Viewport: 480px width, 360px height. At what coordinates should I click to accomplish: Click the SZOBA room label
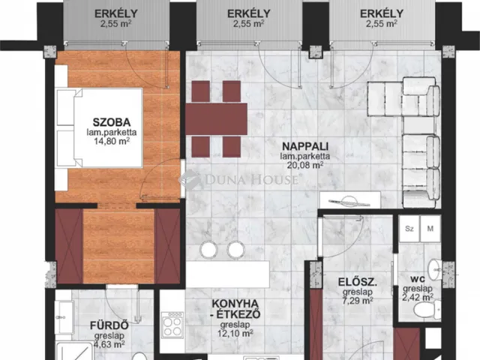112,122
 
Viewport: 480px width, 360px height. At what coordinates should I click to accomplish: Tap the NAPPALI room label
305,146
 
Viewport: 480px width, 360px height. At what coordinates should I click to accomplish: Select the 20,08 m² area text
305,165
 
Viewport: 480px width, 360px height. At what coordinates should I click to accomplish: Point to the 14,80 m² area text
112,141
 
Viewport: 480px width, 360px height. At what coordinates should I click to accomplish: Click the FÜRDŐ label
109,325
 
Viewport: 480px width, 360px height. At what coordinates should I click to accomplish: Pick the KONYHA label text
235,304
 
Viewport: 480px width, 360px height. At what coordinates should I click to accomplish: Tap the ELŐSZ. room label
358,282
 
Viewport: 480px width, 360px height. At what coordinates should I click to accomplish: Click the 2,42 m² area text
418,297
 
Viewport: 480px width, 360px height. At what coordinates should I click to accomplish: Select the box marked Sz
409,228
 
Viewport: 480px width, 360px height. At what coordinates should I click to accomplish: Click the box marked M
430,228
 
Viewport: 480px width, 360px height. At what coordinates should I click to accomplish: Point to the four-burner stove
172,325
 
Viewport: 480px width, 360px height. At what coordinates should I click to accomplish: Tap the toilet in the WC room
427,310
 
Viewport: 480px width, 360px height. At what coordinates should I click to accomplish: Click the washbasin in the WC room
434,270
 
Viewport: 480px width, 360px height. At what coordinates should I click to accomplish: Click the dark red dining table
217,118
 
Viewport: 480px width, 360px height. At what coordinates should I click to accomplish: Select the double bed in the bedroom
100,127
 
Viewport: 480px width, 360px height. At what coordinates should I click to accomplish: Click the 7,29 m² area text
358,301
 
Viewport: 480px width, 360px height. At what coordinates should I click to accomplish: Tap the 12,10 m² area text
235,333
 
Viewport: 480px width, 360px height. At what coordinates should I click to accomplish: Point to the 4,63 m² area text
109,344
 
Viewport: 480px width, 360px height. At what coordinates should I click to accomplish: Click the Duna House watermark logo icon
190,180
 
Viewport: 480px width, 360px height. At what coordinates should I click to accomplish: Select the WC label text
418,279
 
